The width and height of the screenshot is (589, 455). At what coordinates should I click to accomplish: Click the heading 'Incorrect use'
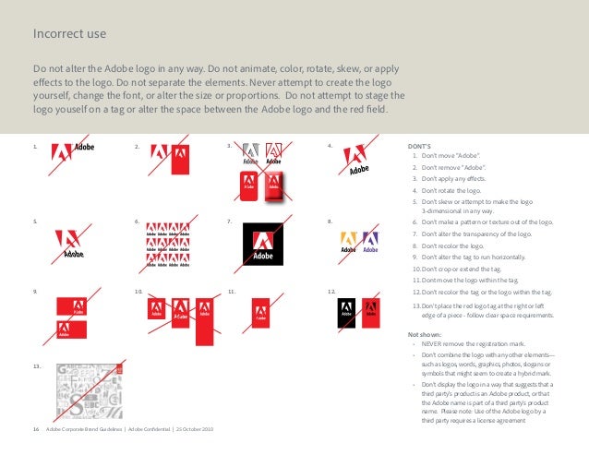[x=69, y=35]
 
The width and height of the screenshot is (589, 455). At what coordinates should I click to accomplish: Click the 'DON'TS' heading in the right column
[x=421, y=146]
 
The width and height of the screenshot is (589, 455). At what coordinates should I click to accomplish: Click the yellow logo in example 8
[x=348, y=242]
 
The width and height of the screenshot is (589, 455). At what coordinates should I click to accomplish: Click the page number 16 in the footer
[x=36, y=430]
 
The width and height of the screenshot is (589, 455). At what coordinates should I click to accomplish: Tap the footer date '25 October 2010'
[x=195, y=430]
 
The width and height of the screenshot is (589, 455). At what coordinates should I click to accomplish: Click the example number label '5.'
[x=34, y=222]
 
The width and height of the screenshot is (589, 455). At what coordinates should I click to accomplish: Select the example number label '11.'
[x=233, y=292]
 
